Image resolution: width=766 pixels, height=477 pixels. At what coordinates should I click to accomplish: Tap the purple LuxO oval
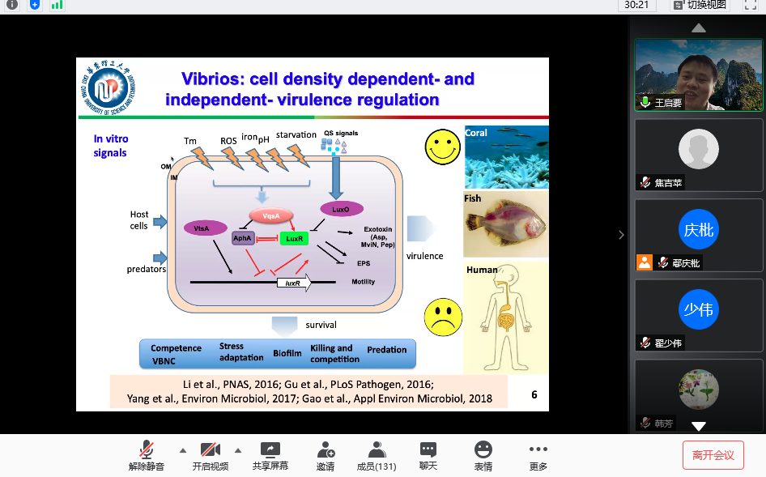pos(341,210)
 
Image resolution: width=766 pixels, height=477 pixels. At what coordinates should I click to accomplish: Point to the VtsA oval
pos(202,228)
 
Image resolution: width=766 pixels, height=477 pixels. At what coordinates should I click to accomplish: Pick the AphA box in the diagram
pos(243,238)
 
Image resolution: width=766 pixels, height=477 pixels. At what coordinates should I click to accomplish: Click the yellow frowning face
pos(442,317)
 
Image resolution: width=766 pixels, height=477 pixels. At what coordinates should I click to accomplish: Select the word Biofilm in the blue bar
pos(287,354)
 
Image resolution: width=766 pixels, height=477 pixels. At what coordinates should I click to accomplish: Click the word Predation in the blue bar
pos(386,350)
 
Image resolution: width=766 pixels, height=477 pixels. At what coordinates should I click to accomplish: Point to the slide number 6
pos(534,395)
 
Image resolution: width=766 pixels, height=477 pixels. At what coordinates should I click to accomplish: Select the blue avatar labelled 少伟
pos(699,309)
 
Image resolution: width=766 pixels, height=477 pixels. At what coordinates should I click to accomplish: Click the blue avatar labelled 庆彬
pos(699,230)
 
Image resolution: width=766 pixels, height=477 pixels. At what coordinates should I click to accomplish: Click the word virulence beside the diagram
pos(424,256)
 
